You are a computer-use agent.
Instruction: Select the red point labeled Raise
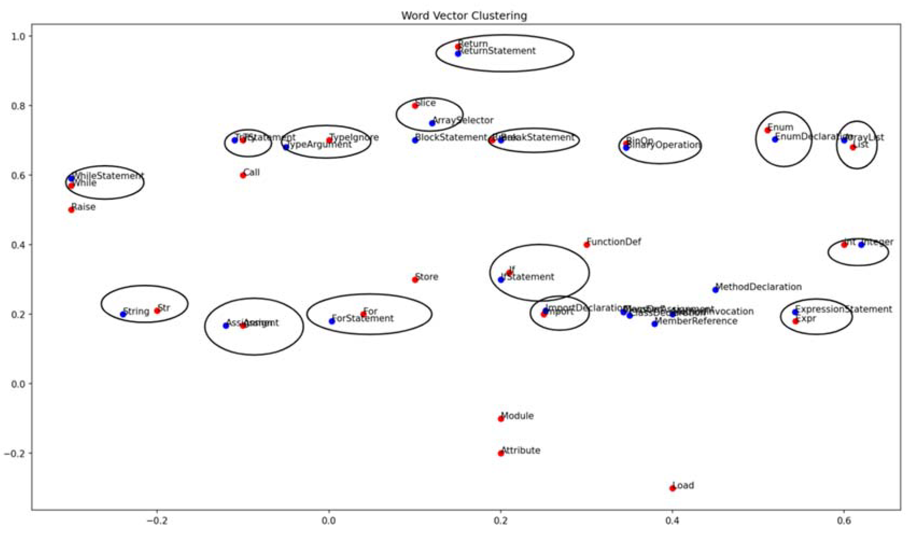[71, 210]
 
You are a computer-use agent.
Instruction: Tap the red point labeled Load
[672, 488]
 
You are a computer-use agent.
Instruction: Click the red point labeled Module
[501, 419]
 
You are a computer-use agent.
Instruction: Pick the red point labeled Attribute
[501, 453]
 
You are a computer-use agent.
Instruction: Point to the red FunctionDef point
[587, 245]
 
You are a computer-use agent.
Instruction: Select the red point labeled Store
[415, 280]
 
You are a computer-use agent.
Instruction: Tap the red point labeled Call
[243, 175]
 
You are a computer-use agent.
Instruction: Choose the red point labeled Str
[157, 311]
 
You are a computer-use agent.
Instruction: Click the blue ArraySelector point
[432, 123]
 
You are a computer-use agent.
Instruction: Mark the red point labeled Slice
[415, 106]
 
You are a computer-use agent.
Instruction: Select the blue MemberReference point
[655, 324]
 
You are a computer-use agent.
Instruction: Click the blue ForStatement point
[332, 321]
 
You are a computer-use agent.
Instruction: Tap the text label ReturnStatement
[497, 51]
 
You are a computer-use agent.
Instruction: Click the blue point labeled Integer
[861, 245]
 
